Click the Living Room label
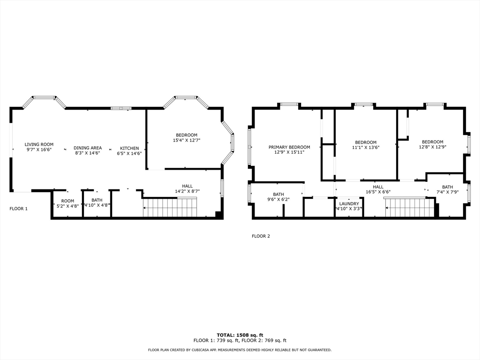(x=39, y=144)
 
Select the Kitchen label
(x=129, y=148)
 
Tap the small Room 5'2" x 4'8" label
(x=67, y=201)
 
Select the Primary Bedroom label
(x=289, y=147)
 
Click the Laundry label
(x=349, y=203)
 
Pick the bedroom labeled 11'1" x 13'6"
(x=366, y=142)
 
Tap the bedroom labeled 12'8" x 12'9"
(x=432, y=142)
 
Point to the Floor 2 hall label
(x=378, y=187)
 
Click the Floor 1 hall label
(x=187, y=186)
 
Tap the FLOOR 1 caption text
(x=19, y=209)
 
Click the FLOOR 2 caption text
(x=261, y=236)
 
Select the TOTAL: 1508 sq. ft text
(x=240, y=335)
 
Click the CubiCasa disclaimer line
(x=240, y=350)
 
